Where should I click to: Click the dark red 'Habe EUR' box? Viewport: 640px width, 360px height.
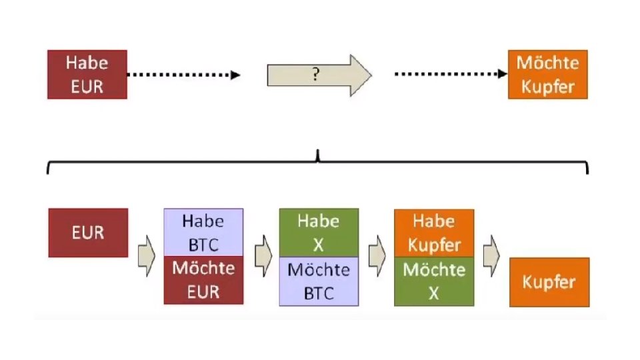pos(87,75)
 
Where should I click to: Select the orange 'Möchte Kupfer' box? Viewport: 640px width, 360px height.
pos(547,75)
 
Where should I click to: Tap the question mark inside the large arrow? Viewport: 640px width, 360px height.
pos(316,75)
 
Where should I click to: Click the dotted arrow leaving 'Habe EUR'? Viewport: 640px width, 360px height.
pos(183,75)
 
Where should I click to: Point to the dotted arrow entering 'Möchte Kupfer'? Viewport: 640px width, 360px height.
pos(451,75)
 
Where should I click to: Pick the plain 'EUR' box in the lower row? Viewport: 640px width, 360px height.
pos(88,233)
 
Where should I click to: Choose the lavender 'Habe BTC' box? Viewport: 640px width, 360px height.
pos(203,232)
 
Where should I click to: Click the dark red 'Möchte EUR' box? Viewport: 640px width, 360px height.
pos(203,280)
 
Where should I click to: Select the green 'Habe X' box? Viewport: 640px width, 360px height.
pos(318,232)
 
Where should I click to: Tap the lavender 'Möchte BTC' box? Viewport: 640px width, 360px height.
pos(318,281)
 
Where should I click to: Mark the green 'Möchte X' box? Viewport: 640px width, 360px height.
pos(434,281)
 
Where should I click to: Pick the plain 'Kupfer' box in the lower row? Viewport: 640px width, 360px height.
pos(549,282)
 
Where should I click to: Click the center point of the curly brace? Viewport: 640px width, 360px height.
pos(318,157)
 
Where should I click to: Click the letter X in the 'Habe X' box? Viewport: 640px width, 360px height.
pos(318,245)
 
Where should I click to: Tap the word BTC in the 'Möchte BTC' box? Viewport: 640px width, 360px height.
pos(318,293)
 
